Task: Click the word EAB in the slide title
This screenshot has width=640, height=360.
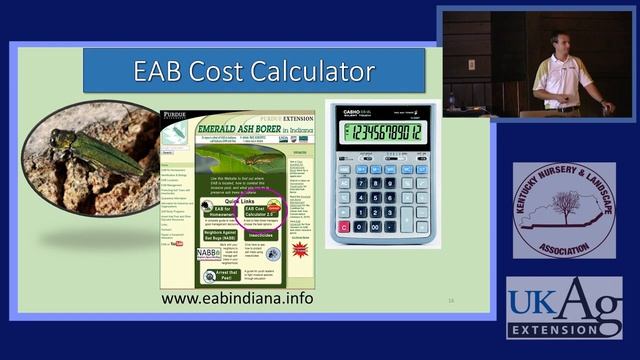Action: [x=162, y=71]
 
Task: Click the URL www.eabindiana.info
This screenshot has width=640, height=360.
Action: [x=237, y=298]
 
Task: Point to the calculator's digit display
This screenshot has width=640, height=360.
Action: [x=383, y=132]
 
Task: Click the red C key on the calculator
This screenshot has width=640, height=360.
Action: [x=344, y=227]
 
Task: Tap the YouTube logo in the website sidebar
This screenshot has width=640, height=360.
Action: [x=178, y=243]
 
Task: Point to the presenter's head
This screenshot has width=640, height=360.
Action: [x=560, y=42]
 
